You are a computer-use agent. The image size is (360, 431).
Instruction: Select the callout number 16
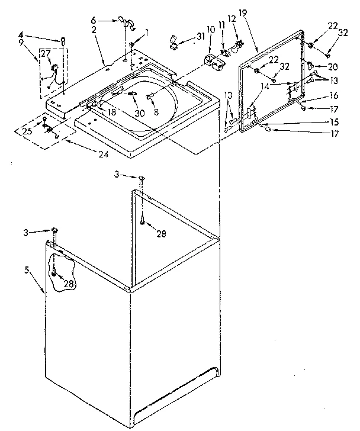pyautogui.click(x=333, y=95)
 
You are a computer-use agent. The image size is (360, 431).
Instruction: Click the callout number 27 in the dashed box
pyautogui.click(x=45, y=54)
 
